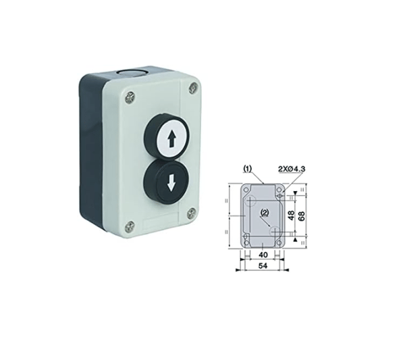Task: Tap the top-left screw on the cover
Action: [x=130, y=97]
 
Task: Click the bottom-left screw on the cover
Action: [x=130, y=227]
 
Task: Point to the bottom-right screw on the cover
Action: [x=192, y=213]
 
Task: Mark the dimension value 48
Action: [x=291, y=215]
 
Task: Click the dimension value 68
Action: [x=301, y=215]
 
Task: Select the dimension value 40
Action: [x=263, y=255]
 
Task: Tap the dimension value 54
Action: [x=263, y=265]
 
